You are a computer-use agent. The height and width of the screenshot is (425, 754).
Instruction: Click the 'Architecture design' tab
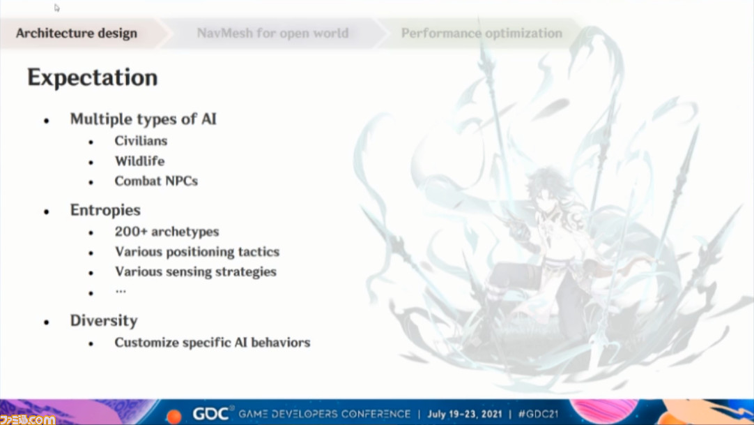click(77, 33)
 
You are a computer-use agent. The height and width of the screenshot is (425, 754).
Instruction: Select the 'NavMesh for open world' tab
click(272, 33)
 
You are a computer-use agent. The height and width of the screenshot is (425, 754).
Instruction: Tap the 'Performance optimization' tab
click(482, 33)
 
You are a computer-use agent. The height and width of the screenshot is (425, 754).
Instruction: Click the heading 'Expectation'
click(92, 77)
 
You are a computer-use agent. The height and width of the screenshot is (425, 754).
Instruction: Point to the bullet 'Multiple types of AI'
click(144, 119)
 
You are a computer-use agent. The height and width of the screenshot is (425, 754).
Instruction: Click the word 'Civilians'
click(141, 140)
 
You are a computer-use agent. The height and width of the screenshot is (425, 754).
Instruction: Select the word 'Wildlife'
click(139, 161)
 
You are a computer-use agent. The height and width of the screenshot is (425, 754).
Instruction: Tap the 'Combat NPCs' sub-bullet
click(156, 181)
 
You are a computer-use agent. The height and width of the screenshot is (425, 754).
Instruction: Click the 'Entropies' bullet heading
click(105, 210)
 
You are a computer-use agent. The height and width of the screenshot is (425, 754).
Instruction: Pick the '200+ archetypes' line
click(167, 232)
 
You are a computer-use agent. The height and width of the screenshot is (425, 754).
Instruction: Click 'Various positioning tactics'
click(197, 252)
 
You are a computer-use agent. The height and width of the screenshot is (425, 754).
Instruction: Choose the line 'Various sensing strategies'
click(196, 272)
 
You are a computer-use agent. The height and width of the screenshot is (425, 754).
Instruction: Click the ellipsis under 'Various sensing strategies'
click(121, 291)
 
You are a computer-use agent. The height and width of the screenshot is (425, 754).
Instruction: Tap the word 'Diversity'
click(104, 320)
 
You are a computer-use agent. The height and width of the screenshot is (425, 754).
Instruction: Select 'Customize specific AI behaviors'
click(213, 343)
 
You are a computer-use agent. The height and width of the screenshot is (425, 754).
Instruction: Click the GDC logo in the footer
click(210, 414)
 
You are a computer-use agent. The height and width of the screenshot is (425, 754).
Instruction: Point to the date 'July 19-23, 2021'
click(465, 414)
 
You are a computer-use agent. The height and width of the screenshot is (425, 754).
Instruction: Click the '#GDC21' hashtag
click(538, 414)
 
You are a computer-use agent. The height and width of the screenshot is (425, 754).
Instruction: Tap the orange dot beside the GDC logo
click(174, 416)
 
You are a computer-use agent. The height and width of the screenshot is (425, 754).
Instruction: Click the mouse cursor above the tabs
click(56, 8)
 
